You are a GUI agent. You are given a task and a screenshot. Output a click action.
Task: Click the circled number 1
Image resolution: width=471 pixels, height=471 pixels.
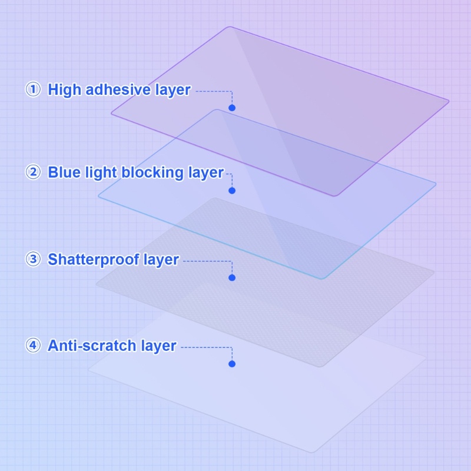pos(33,89)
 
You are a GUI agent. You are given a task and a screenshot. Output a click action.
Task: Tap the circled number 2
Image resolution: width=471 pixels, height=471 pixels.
pos(33,172)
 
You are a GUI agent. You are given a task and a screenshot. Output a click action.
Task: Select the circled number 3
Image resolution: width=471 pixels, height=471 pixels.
pos(33,259)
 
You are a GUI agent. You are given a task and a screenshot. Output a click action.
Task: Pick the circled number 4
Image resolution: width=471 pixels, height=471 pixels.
pos(33,345)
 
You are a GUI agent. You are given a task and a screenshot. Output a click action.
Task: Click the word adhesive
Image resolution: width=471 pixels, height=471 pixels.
pos(118,89)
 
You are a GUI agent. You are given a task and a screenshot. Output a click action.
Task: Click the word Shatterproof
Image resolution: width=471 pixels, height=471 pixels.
pos(94,259)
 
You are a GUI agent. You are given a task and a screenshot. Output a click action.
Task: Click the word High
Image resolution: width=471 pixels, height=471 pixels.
pos(64,90)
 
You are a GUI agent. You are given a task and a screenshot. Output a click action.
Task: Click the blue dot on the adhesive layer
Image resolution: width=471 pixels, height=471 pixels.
pos(232,108)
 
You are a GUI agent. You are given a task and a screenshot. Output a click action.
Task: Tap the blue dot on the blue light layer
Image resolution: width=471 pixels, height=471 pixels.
pos(232,190)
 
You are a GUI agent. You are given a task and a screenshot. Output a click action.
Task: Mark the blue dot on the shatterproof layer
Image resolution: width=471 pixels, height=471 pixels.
pos(232,277)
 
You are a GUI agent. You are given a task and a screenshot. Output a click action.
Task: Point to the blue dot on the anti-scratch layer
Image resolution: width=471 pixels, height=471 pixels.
pos(232,364)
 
